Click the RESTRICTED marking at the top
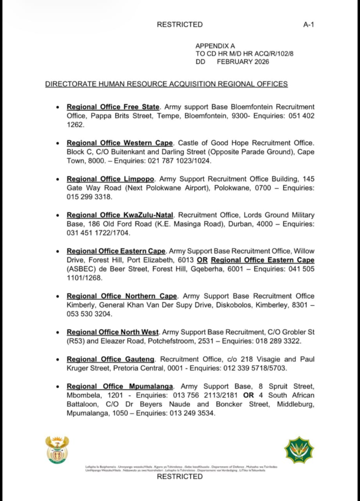[180, 24]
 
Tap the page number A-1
[309, 24]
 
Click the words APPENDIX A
[215, 46]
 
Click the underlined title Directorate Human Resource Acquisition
[166, 84]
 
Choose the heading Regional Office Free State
[113, 107]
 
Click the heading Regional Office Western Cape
[120, 143]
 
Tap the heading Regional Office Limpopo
[111, 179]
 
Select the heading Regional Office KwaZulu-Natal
[120, 215]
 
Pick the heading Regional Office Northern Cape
[122, 296]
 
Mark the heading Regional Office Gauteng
[111, 360]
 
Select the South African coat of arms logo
[57, 449]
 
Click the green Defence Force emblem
[299, 450]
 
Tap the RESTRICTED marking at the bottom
[180, 477]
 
